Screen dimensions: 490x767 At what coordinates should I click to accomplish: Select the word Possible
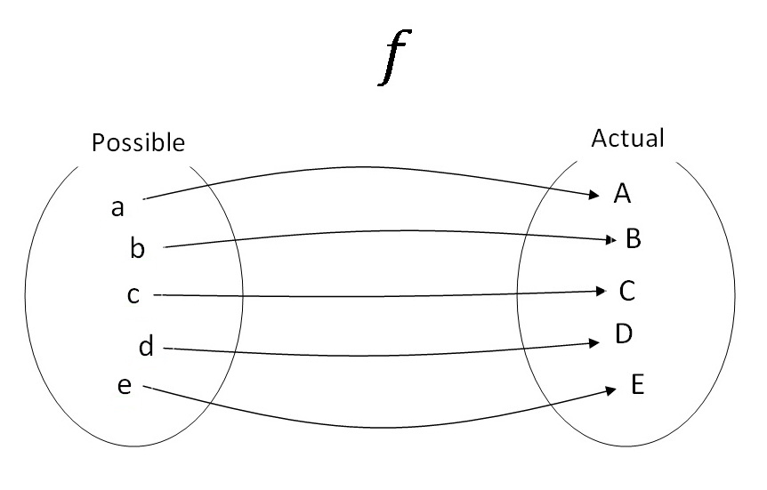[139, 142]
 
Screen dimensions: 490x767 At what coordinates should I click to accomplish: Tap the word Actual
[627, 139]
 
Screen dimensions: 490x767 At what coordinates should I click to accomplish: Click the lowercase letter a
[117, 208]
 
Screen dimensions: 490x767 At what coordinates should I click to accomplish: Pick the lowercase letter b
[137, 248]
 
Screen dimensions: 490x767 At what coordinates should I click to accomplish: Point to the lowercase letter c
[133, 294]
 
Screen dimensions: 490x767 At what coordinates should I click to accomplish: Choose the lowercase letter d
[146, 347]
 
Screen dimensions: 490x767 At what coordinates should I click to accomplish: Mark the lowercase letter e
[125, 386]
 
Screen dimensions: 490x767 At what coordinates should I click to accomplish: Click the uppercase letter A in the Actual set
[622, 194]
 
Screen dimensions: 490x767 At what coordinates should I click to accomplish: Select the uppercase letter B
[634, 237]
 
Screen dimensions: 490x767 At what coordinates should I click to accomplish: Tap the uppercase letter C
[627, 290]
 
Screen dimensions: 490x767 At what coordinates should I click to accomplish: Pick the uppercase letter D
[623, 333]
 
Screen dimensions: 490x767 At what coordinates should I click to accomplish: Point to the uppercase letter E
[637, 385]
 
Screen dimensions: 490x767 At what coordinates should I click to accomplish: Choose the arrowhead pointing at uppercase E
[610, 390]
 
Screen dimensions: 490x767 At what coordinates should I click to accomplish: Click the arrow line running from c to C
[374, 295]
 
